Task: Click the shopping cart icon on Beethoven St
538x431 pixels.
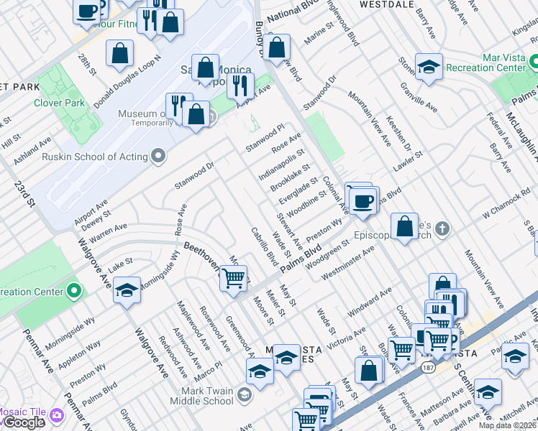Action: click(x=233, y=277)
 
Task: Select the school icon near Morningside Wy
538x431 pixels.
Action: click(x=127, y=290)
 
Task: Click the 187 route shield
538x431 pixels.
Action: click(x=428, y=367)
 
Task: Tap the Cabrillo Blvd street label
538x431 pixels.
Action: click(x=264, y=246)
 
